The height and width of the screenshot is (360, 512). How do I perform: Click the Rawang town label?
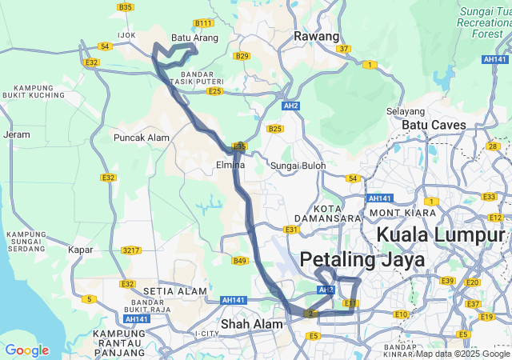pyautogui.click(x=317, y=36)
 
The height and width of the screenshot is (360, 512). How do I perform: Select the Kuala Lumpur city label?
pyautogui.click(x=441, y=234)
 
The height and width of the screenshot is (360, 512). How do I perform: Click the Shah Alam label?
pyautogui.click(x=252, y=324)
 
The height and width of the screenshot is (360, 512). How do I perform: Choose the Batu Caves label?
pyautogui.click(x=434, y=125)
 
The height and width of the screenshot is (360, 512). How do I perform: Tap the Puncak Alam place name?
pyautogui.click(x=142, y=138)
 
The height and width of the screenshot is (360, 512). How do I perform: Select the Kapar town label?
pyautogui.click(x=80, y=250)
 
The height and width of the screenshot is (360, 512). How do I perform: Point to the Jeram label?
pyautogui.click(x=16, y=135)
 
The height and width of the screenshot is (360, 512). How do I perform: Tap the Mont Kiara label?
pyautogui.click(x=403, y=212)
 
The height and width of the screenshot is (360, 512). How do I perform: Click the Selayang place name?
pyautogui.click(x=404, y=111)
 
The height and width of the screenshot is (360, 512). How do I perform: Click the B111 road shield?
pyautogui.click(x=203, y=23)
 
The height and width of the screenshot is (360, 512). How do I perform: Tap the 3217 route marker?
pyautogui.click(x=131, y=250)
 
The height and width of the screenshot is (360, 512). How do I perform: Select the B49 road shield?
pyautogui.click(x=240, y=260)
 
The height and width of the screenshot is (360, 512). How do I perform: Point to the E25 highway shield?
pyautogui.click(x=214, y=91)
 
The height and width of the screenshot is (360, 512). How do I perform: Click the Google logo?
pyautogui.click(x=26, y=350)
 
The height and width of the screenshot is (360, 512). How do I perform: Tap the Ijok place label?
pyautogui.click(x=127, y=35)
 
